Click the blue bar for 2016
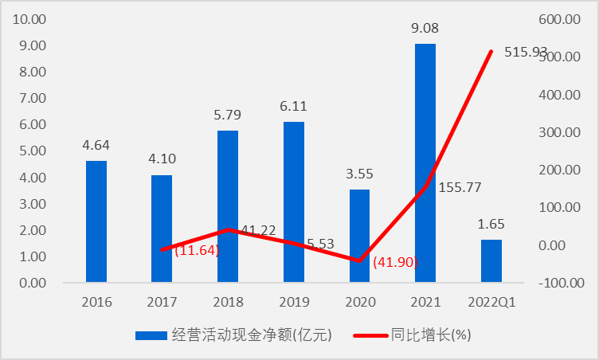coord(96,221)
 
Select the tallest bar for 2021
coord(425,162)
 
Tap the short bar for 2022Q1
coord(491,260)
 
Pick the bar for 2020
coord(359,235)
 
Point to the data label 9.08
coord(425,29)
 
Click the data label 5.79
coord(227,116)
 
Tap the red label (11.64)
coord(195,250)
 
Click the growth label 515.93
coord(526,52)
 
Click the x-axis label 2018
coord(227,303)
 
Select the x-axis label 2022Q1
coord(491,303)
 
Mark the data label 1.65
coord(491,224)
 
